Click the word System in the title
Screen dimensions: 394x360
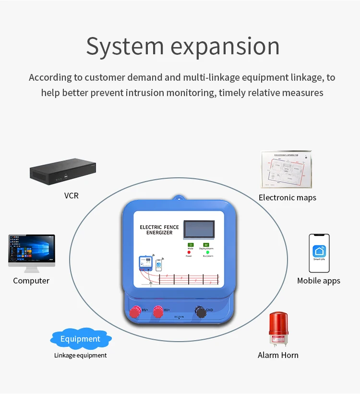click(x=125, y=47)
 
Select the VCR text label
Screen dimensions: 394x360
click(x=71, y=196)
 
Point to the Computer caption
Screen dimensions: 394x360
click(x=31, y=281)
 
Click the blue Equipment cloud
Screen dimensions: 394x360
click(x=81, y=339)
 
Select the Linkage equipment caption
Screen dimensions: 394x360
click(x=80, y=356)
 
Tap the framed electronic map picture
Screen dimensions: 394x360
click(x=287, y=170)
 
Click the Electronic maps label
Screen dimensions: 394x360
click(x=287, y=197)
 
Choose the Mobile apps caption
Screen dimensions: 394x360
click(x=318, y=281)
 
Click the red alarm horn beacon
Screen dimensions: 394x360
click(x=278, y=328)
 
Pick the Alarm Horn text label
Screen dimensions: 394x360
click(x=278, y=355)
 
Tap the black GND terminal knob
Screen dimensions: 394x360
click(x=201, y=312)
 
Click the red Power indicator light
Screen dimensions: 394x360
click(x=189, y=252)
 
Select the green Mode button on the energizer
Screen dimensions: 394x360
click(x=190, y=245)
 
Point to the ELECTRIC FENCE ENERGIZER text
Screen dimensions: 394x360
click(x=159, y=230)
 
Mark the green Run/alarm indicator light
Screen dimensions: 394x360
click(x=206, y=252)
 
